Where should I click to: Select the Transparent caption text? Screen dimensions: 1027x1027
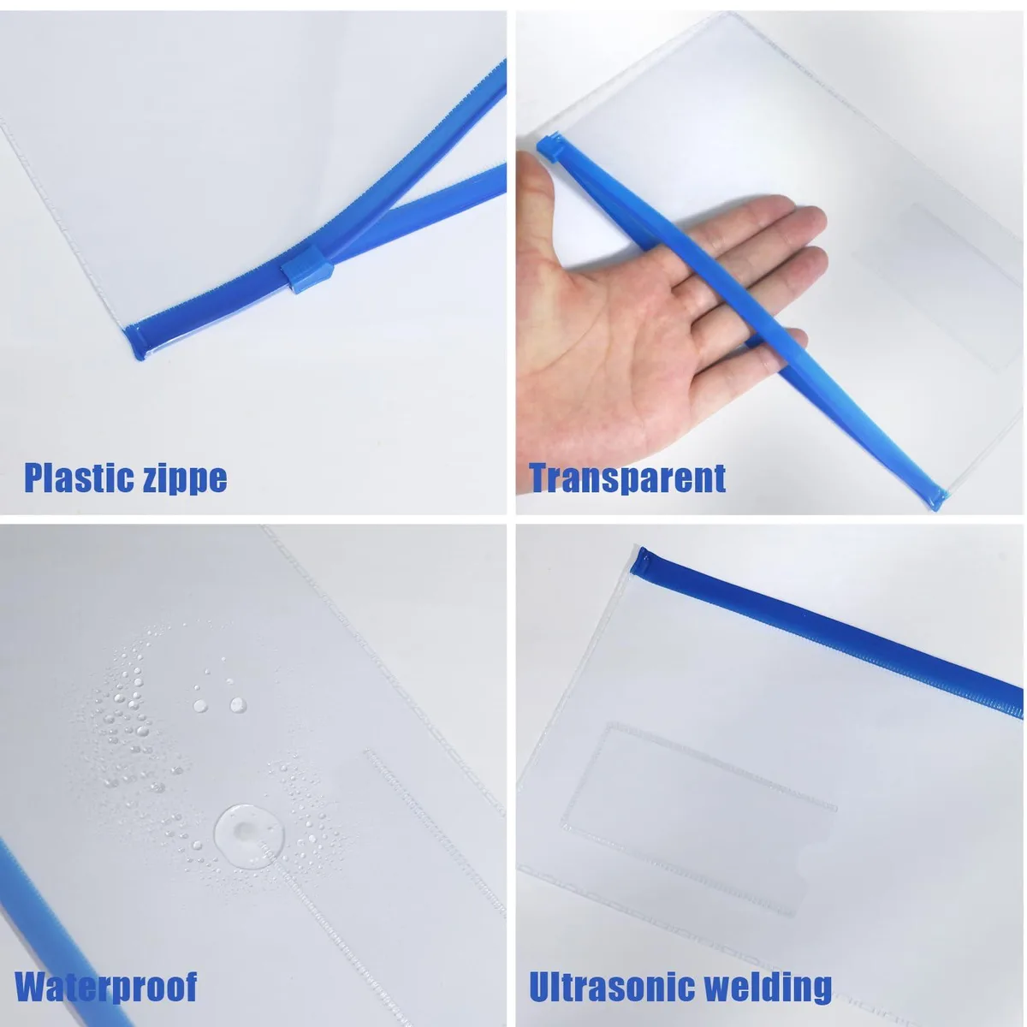(627, 478)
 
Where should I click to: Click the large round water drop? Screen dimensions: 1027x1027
(249, 836)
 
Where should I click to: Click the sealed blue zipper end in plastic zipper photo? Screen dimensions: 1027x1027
(134, 341)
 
